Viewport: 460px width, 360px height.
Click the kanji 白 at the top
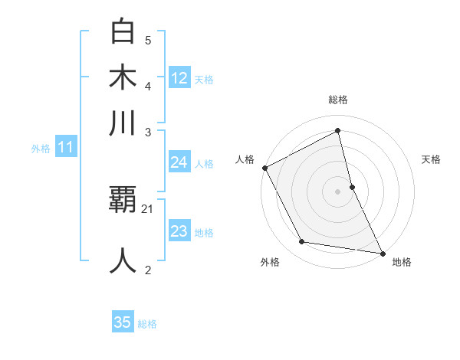[123, 32]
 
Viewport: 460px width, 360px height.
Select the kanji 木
[123, 77]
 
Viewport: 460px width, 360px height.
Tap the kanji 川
[123, 123]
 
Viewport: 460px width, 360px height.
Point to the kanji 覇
[123, 200]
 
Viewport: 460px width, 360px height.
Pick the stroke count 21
[148, 208]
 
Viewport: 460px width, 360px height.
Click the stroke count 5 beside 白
[148, 40]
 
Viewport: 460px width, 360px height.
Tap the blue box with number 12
[179, 77]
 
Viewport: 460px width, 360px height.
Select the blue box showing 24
[179, 162]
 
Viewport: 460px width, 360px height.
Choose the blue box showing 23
[179, 231]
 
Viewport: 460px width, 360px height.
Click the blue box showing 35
[123, 322]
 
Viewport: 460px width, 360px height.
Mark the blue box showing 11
[65, 148]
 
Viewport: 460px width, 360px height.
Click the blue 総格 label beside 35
[147, 324]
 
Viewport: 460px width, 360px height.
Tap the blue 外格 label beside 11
[41, 149]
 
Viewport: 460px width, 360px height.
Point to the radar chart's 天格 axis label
[431, 159]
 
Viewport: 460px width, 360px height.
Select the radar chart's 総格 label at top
[337, 100]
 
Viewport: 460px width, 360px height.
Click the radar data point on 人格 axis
[264, 168]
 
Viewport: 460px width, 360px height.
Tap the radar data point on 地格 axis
[381, 252]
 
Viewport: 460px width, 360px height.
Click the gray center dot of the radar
[337, 191]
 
